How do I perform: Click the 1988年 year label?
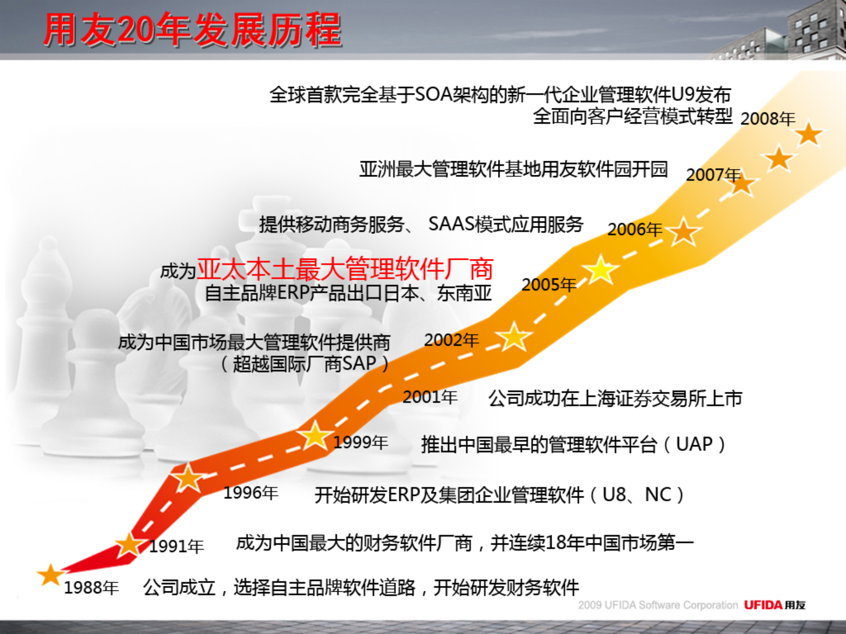(x=91, y=587)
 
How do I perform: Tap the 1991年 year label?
(x=176, y=546)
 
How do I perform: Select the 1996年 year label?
(x=251, y=493)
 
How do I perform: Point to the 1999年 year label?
(x=360, y=442)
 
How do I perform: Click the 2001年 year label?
(x=430, y=397)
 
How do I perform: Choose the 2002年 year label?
(x=451, y=340)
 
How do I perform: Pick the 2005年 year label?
(x=549, y=284)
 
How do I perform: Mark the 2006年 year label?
(x=634, y=229)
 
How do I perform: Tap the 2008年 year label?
(x=768, y=118)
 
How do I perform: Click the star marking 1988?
(x=50, y=575)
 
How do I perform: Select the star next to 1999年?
(x=315, y=435)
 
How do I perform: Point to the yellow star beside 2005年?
(x=600, y=269)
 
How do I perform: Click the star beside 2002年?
(x=514, y=337)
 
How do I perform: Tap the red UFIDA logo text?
(x=763, y=605)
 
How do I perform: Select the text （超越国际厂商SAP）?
(x=304, y=364)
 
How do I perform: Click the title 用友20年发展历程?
(x=193, y=30)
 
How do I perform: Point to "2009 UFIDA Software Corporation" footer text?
(x=657, y=605)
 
